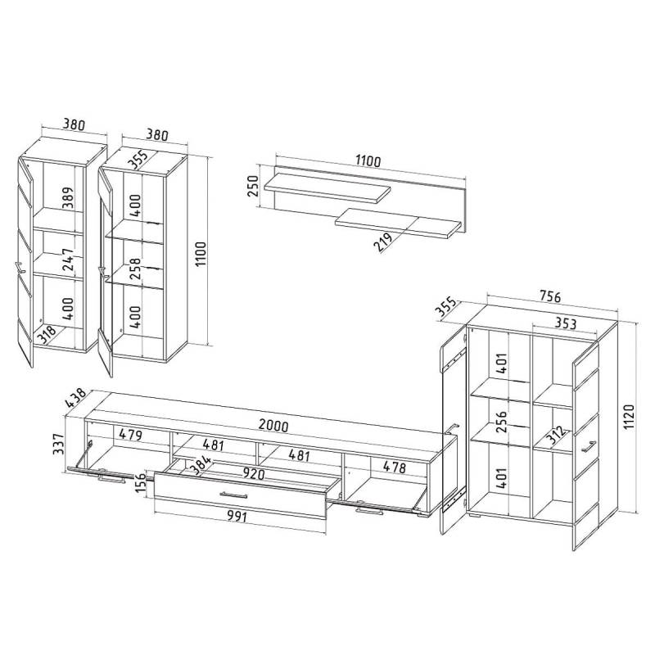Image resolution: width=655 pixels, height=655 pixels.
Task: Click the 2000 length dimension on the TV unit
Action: [x=273, y=425]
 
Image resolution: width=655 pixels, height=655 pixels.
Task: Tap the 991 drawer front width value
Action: [x=237, y=517]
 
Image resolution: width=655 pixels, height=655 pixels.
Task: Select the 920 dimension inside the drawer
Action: [x=254, y=474]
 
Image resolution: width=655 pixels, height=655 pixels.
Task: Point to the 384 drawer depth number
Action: [x=201, y=465]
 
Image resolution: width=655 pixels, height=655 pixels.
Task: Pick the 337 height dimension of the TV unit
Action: [x=59, y=443]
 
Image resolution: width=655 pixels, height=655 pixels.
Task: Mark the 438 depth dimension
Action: [x=75, y=397]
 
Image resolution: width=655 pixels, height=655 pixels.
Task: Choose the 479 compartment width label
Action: [x=131, y=435]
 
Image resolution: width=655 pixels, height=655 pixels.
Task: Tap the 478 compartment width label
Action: [x=395, y=467]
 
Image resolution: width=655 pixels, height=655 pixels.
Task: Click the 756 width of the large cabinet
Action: [x=549, y=296]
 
